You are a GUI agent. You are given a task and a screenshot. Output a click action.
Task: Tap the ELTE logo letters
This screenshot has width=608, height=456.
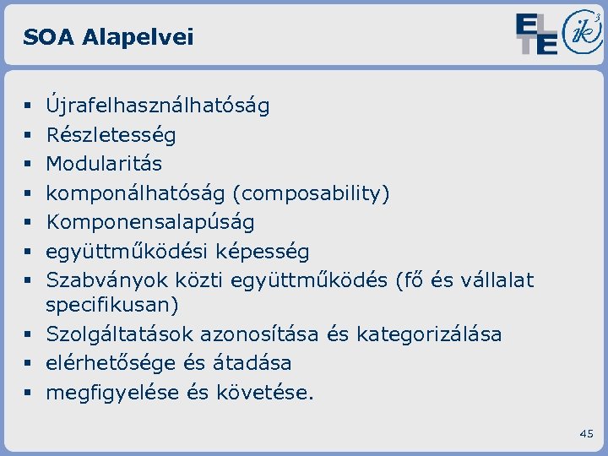click(x=537, y=34)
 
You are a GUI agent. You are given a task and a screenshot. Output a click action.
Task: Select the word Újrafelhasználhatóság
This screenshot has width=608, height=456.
click(x=158, y=106)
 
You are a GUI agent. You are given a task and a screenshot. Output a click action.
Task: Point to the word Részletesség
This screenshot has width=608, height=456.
click(x=111, y=135)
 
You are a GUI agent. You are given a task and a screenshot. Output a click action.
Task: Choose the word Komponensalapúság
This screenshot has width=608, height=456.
click(x=150, y=222)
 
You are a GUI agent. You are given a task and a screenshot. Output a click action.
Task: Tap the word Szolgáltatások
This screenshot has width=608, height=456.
click(x=118, y=334)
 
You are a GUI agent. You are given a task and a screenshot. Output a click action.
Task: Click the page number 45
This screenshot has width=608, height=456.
click(x=587, y=433)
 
